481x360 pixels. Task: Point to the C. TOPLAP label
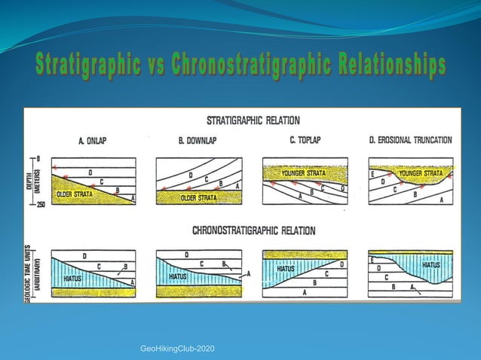pyautogui.click(x=304, y=140)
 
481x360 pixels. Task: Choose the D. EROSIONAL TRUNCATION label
pyautogui.click(x=411, y=140)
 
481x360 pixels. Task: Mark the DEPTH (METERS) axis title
pyautogui.click(x=30, y=181)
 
